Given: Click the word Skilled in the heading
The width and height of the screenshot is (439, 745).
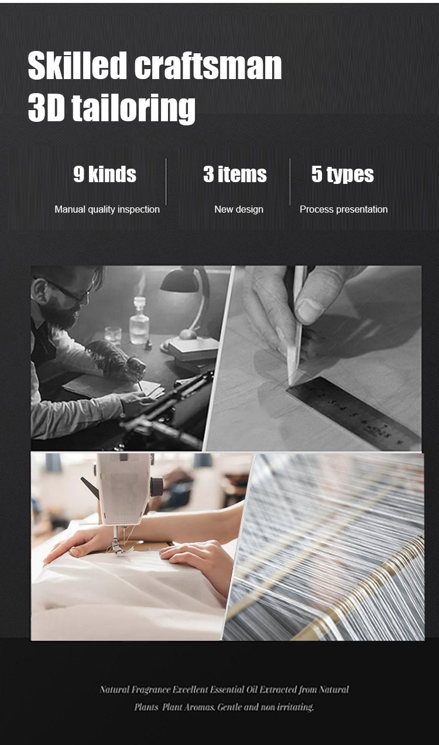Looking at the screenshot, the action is [x=77, y=65].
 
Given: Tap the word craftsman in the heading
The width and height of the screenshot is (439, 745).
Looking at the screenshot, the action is [x=208, y=65].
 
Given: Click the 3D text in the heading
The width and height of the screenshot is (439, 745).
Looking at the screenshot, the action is [x=46, y=107].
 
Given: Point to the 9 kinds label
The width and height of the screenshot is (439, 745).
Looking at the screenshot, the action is [x=105, y=174].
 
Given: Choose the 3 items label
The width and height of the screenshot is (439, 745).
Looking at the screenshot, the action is [x=235, y=174].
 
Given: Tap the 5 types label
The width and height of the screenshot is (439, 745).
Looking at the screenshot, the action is [x=342, y=175].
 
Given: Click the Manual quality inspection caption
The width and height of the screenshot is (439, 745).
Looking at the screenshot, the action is [x=107, y=210].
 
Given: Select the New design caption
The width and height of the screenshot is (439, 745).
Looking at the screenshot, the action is [x=239, y=209].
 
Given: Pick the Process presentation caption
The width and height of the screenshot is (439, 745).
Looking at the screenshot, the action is [x=344, y=210].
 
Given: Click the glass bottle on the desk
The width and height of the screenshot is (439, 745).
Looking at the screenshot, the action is [x=139, y=320].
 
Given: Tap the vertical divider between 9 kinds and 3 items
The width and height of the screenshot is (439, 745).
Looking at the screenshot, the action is [x=166, y=182].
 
